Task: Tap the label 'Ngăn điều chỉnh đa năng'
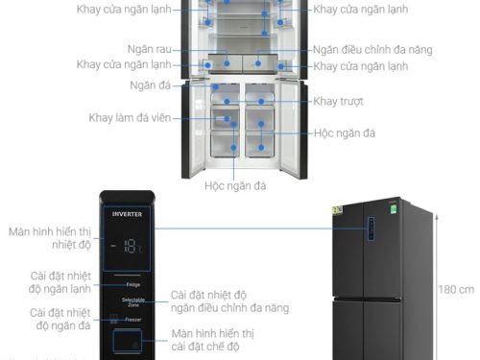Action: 372,49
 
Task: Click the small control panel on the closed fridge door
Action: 368,229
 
